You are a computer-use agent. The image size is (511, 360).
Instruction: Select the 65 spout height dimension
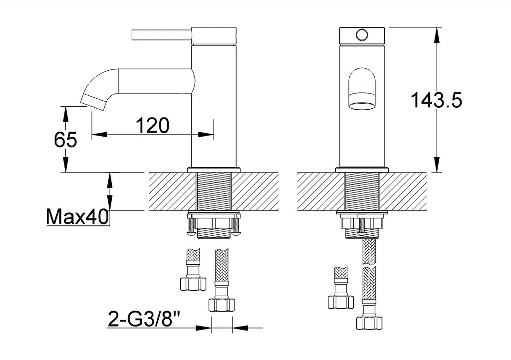pos(65,140)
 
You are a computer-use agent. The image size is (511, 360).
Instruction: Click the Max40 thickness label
pos(77,216)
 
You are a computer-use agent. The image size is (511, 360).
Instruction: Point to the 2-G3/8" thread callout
pos(144,319)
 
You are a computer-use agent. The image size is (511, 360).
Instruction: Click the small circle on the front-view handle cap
pos(362,35)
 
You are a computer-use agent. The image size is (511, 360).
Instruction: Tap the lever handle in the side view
pos(162,35)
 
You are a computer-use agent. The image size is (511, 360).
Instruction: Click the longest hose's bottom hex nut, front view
pos(369,323)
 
